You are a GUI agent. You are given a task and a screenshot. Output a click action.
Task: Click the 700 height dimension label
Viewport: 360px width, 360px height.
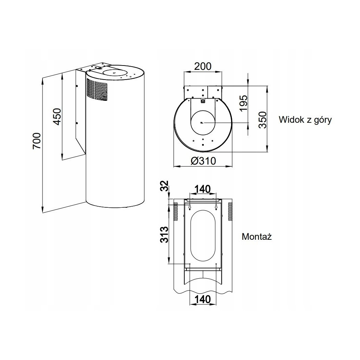37,141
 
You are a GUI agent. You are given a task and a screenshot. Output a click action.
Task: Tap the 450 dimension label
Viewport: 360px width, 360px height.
57,117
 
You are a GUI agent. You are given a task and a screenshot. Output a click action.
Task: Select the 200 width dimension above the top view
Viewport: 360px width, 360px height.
203,66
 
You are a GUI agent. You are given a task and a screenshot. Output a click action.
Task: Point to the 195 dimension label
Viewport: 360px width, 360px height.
243,103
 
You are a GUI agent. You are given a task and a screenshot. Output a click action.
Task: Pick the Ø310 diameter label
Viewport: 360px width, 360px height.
203,161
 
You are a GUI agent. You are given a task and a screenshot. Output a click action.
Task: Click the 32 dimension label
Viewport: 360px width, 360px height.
165,186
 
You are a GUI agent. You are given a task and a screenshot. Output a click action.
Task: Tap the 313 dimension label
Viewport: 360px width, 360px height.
165,235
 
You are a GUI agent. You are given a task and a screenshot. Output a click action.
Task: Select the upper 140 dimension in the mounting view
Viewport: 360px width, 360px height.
202,189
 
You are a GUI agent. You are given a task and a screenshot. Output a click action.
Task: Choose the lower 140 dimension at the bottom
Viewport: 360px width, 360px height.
202,299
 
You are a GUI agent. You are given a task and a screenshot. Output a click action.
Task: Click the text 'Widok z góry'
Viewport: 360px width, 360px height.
305,120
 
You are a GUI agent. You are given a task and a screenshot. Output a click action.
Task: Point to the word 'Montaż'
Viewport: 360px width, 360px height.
257,237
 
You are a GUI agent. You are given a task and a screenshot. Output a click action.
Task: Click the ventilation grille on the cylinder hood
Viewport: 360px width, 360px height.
97,89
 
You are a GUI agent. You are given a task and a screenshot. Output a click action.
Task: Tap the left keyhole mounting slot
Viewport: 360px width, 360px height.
190,207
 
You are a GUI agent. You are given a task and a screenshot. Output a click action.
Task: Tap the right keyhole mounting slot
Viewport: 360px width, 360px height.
216,207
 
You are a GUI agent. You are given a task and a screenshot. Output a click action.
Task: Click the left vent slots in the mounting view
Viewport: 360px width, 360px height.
176,212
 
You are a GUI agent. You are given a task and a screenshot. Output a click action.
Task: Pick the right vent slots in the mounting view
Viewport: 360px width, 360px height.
230,212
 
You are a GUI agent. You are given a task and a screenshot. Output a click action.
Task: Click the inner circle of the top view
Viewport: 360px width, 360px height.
203,123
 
